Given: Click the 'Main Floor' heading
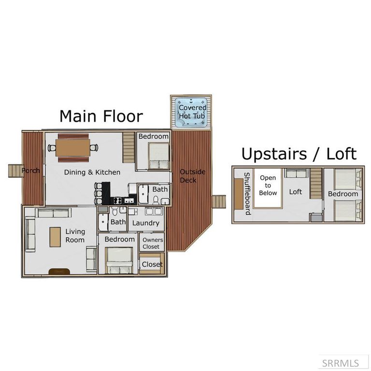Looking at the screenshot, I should click(101, 116).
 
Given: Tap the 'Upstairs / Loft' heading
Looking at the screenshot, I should click(299, 154).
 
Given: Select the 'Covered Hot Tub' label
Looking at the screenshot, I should click(192, 112).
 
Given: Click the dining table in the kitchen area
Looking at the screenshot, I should click(72, 147).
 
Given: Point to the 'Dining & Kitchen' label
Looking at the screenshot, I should click(92, 172).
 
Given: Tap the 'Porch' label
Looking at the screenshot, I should click(30, 171).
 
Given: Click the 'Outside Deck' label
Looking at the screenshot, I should click(192, 176).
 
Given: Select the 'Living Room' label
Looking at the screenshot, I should click(75, 236).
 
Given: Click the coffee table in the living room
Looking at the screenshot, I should click(55, 238).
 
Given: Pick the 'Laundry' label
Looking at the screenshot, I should click(145, 223).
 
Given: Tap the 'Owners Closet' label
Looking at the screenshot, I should click(153, 243).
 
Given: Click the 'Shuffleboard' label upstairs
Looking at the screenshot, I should click(246, 193).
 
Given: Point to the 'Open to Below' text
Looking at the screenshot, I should click(268, 185).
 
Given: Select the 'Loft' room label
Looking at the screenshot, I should click(295, 192).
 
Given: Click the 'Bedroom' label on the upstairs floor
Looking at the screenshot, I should click(343, 194).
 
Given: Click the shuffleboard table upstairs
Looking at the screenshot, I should click(239, 193).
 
